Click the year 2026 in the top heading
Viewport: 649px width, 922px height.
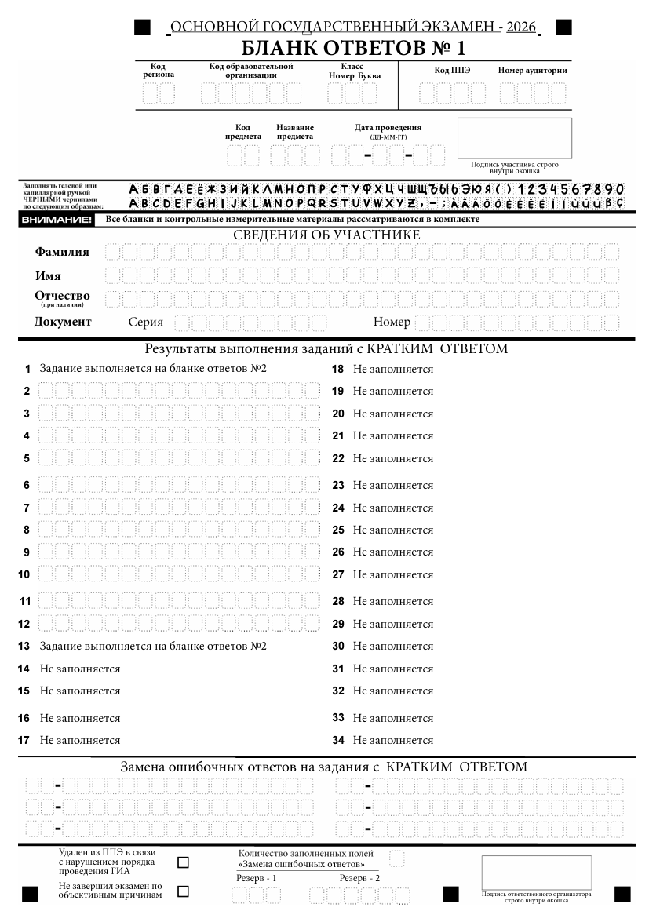[521, 27]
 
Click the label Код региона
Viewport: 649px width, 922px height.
[159, 71]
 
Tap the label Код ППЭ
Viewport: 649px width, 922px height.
[452, 71]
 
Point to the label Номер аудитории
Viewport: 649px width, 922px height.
[532, 71]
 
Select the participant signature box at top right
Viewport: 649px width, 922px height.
[514, 138]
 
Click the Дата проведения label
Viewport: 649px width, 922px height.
[388, 128]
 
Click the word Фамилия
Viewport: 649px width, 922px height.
[62, 252]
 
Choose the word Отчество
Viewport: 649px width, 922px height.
[62, 296]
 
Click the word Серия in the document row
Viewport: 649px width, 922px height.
[145, 322]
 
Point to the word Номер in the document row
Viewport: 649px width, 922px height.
[392, 322]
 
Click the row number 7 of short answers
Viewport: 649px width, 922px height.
[27, 508]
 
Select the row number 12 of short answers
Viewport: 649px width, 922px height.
[24, 625]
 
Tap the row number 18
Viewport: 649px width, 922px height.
[338, 369]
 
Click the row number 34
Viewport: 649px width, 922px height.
[338, 740]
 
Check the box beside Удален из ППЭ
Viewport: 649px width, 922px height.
[184, 862]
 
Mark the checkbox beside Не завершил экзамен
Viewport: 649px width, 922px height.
[184, 891]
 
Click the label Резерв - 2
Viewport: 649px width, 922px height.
[359, 877]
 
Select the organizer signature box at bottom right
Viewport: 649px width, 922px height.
[537, 872]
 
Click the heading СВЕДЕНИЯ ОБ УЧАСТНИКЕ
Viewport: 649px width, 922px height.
[326, 235]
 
